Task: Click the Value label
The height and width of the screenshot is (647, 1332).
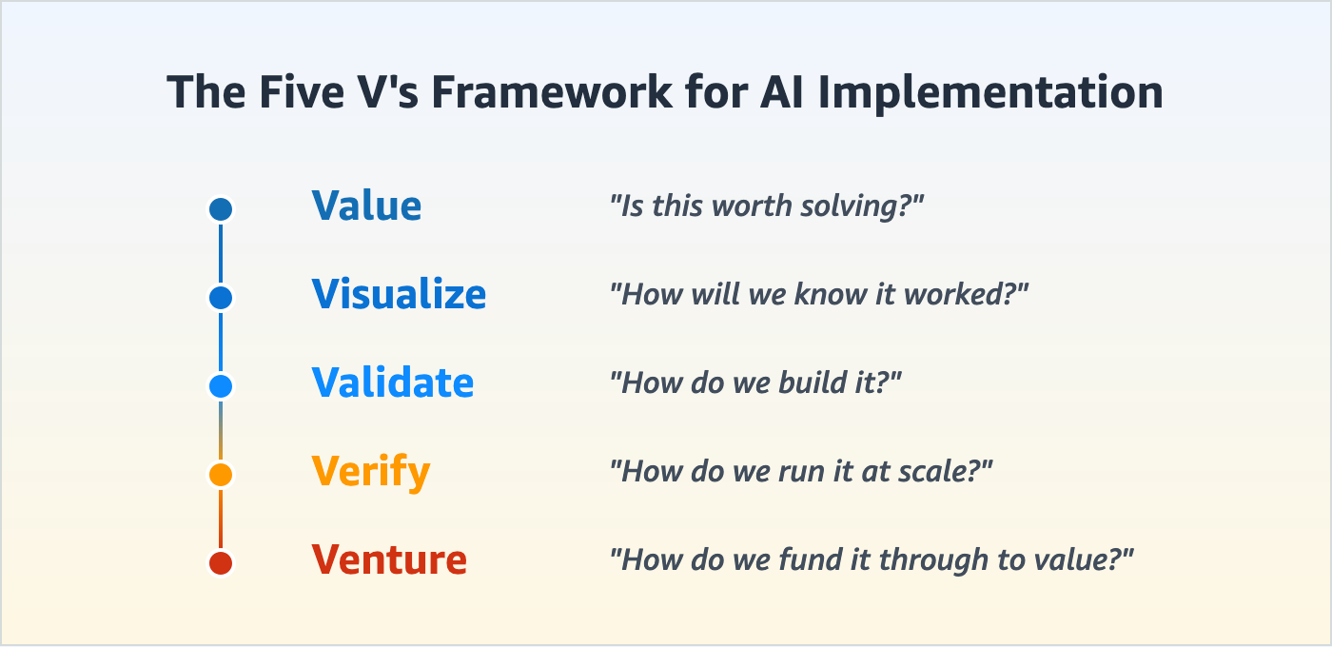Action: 366,206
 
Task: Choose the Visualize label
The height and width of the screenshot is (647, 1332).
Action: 399,295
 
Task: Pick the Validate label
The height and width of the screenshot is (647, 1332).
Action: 392,383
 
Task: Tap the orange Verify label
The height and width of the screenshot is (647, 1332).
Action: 370,472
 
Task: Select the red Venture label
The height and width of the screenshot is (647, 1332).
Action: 388,560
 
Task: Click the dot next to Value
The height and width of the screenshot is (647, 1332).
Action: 221,209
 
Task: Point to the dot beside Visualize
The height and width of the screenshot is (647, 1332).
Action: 221,298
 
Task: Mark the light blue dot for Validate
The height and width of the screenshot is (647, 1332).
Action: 221,386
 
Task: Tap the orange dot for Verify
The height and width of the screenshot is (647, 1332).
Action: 221,474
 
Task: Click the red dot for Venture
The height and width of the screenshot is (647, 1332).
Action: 221,562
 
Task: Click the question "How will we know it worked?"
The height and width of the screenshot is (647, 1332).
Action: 820,294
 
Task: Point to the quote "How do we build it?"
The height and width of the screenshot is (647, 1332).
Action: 755,382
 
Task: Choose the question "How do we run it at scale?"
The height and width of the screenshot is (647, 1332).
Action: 801,471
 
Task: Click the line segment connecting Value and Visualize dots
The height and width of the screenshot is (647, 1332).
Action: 221,253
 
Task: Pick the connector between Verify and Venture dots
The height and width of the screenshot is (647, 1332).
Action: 221,519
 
